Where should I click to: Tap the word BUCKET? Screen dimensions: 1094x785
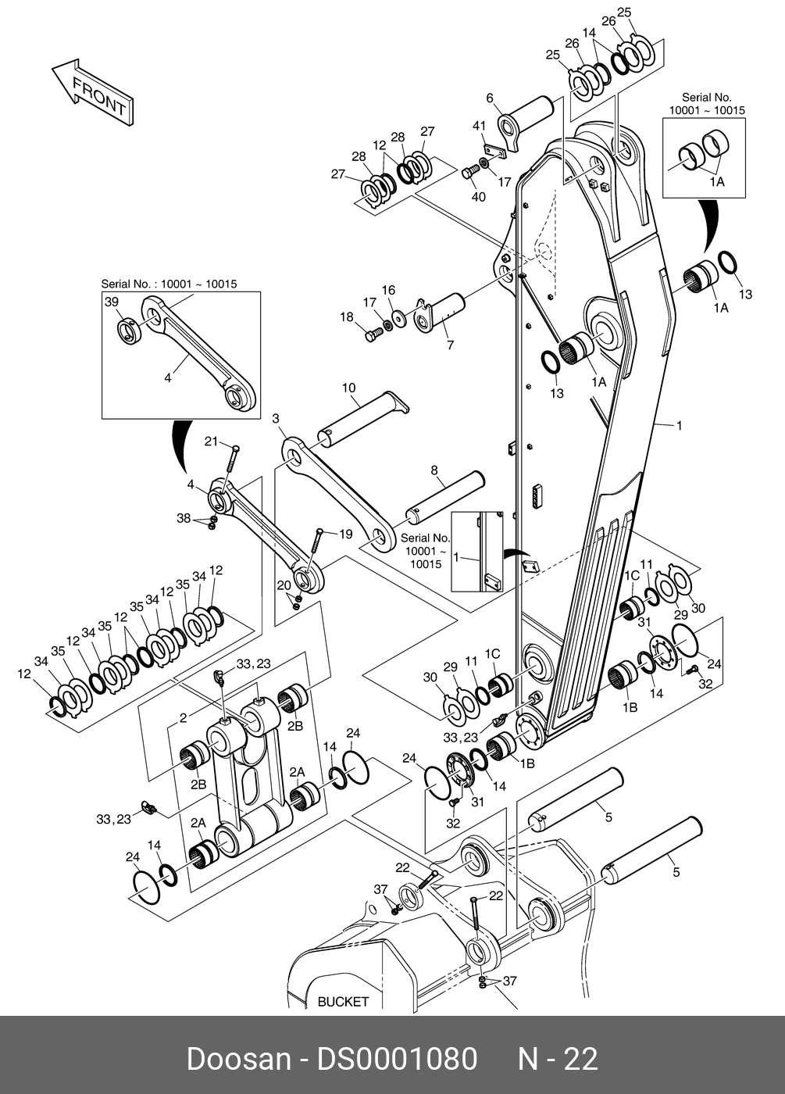pyautogui.click(x=343, y=1001)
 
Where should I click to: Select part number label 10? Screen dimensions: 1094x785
pyautogui.click(x=348, y=388)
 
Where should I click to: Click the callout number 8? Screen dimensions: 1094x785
pyautogui.click(x=434, y=470)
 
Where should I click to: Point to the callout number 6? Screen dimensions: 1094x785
pyautogui.click(x=491, y=98)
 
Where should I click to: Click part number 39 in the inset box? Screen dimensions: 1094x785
pyautogui.click(x=112, y=302)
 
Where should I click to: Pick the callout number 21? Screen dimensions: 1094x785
pyautogui.click(x=211, y=442)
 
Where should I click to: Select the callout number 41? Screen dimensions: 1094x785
pyautogui.click(x=480, y=126)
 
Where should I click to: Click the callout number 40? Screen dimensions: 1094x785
pyautogui.click(x=478, y=196)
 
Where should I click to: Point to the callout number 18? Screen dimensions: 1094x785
pyautogui.click(x=347, y=316)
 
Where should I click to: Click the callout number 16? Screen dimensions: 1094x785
pyautogui.click(x=388, y=291)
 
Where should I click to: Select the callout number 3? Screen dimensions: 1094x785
pyautogui.click(x=276, y=419)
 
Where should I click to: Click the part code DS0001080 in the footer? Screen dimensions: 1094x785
pyautogui.click(x=396, y=1059)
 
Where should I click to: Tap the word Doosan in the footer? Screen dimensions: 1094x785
pyautogui.click(x=238, y=1059)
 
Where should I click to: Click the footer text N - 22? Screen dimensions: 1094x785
pyautogui.click(x=558, y=1059)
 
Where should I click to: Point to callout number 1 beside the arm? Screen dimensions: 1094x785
pyautogui.click(x=679, y=426)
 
